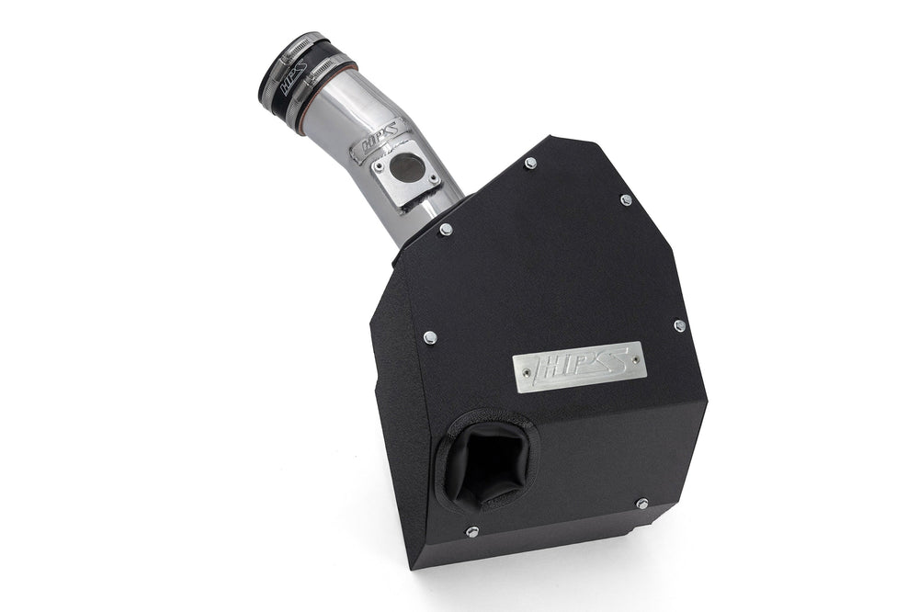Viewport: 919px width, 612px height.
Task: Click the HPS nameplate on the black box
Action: pos(578,366)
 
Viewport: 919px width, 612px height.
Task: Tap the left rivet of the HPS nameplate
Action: pos(523,378)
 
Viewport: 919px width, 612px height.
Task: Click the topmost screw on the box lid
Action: pos(530,163)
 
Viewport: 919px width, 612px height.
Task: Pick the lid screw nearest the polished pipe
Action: pos(446,229)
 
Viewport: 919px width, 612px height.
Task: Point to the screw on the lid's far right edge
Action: pos(679,325)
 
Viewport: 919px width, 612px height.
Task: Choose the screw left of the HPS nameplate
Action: pos(429,337)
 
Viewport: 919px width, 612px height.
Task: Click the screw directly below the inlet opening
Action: pos(471,531)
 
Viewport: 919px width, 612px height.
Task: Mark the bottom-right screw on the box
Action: pos(641,503)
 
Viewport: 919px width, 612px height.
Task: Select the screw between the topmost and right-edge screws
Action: pos(626,199)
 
